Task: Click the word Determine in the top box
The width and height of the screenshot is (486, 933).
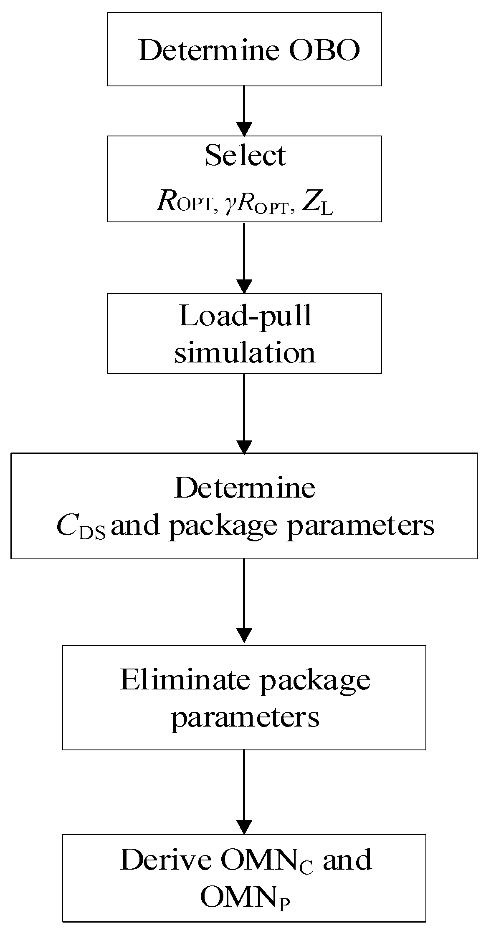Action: tap(209, 51)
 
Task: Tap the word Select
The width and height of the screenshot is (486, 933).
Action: tap(245, 156)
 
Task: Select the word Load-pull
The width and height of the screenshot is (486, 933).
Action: tap(245, 316)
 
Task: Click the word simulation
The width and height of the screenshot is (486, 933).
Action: tap(245, 352)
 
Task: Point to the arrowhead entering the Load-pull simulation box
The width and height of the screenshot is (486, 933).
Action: tap(244, 286)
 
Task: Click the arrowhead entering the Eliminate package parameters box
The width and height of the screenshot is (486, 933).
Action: tap(244, 635)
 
